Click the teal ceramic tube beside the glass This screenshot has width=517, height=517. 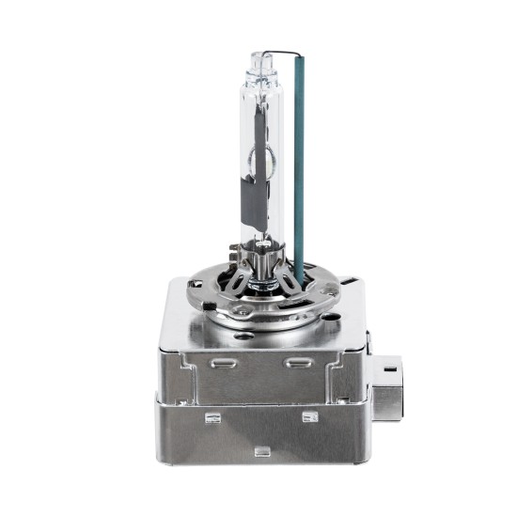pos(299,169)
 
